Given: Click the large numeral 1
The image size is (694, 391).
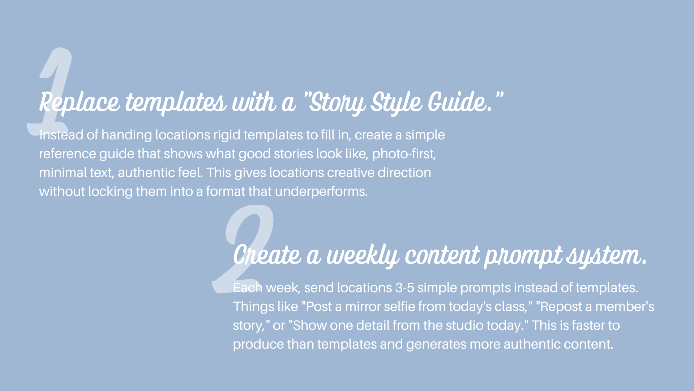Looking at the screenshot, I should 54,72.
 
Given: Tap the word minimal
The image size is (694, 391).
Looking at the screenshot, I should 63,173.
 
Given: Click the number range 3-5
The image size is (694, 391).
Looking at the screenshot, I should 404,288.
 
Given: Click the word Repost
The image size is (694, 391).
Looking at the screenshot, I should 561,307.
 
